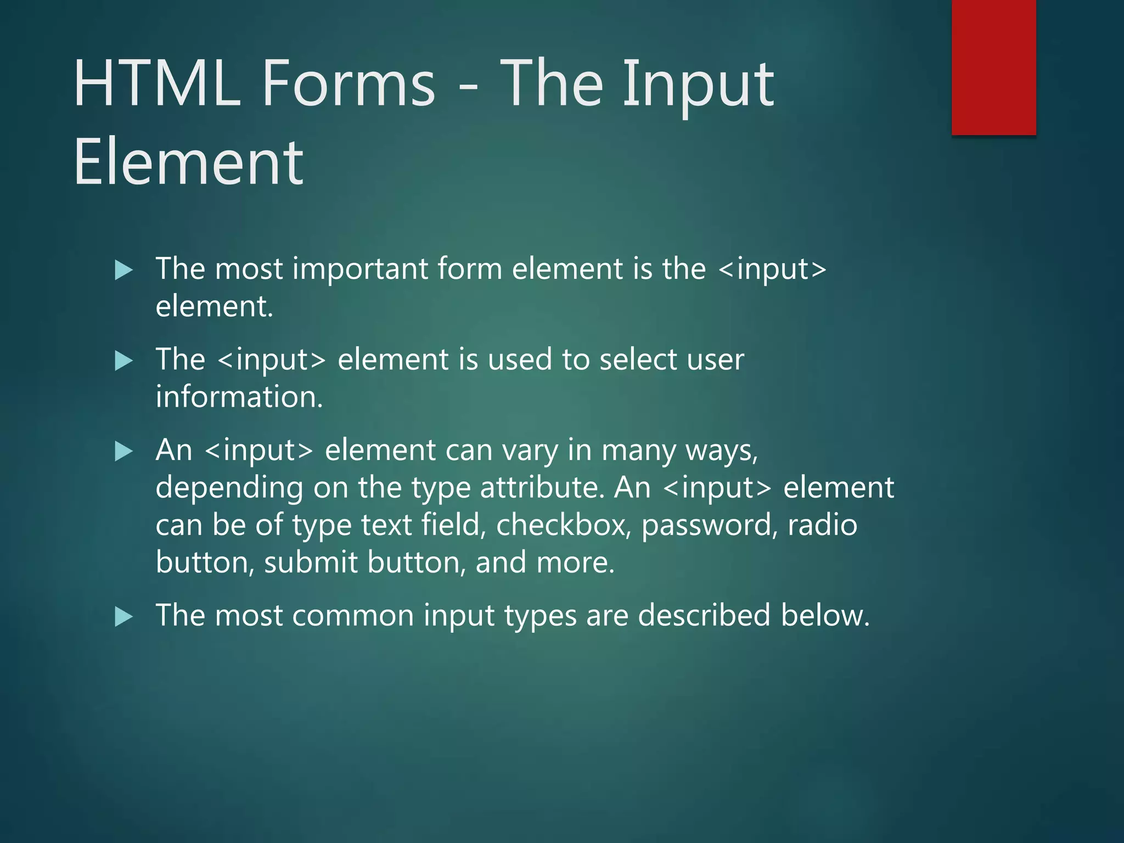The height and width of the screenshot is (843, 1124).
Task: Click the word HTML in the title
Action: click(x=157, y=83)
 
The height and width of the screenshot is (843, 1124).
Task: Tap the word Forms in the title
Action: click(x=349, y=83)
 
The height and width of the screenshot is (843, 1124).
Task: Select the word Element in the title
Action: click(x=188, y=162)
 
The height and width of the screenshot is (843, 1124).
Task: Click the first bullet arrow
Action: click(x=124, y=270)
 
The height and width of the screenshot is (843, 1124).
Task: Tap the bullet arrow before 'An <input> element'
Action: click(x=124, y=452)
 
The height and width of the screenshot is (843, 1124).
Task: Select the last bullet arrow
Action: click(x=124, y=617)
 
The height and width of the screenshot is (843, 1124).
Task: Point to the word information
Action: click(x=239, y=397)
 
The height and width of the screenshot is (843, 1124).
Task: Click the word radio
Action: click(x=822, y=525)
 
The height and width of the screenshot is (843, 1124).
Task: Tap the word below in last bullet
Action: click(x=824, y=615)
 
